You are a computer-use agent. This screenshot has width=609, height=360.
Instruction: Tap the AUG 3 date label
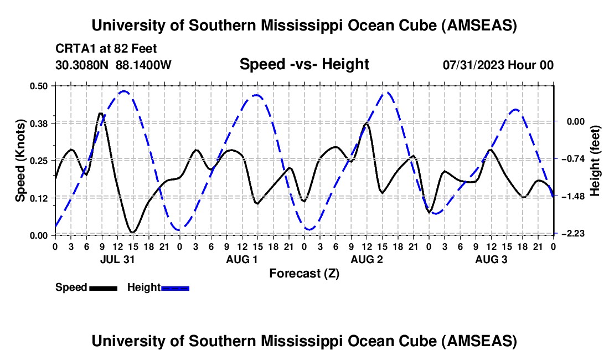click(491, 259)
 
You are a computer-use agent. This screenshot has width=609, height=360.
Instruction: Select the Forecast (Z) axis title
click(304, 274)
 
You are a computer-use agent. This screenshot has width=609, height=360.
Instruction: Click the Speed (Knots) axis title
click(20, 160)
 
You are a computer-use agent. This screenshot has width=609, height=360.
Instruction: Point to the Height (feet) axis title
click(596, 160)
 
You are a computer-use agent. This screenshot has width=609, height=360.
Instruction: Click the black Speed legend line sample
click(103, 287)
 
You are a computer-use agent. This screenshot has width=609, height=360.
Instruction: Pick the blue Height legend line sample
click(175, 287)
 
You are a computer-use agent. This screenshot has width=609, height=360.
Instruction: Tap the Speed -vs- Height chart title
click(304, 64)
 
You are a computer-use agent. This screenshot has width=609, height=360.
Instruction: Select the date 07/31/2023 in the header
click(475, 65)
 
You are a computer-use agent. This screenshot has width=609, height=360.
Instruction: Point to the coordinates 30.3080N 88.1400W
click(113, 65)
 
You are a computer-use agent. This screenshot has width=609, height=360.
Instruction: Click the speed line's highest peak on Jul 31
click(100, 114)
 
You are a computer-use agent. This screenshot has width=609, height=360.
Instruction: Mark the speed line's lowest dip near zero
click(132, 232)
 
